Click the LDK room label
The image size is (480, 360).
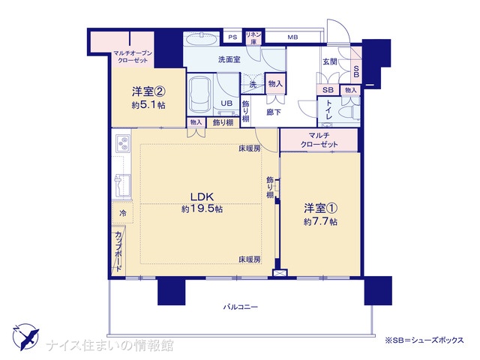coord(202,196)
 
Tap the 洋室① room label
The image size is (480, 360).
coord(320,208)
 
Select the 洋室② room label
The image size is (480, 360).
coord(148,91)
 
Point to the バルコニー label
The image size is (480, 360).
coord(240,307)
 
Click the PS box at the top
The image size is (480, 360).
coord(232,37)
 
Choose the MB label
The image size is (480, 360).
coord(292,37)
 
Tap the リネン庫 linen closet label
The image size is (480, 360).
coord(253,38)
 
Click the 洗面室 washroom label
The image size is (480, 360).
coord(229,59)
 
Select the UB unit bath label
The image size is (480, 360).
coord(226,103)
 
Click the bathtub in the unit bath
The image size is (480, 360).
coord(199,95)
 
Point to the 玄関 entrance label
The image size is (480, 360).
coord(330,61)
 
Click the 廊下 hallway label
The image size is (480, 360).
coord(273,112)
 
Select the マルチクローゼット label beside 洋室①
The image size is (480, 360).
coord(319,139)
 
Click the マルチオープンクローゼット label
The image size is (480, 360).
coord(133,57)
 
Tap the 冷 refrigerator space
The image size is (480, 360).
coord(122,213)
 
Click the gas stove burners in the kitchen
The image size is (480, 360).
coord(123,144)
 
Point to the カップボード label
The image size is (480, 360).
coord(118,252)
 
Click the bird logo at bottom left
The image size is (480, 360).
coord(26,337)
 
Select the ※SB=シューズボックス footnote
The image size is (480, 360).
coord(424,340)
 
